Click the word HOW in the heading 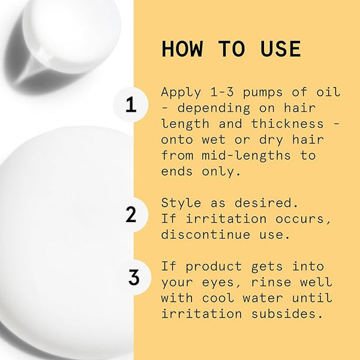(x=182, y=49)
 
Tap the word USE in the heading (x=280, y=49)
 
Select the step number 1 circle (x=131, y=104)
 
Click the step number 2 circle (x=131, y=214)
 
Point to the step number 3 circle (x=134, y=277)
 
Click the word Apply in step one (x=181, y=92)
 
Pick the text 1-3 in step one (x=222, y=92)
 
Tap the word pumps (x=263, y=93)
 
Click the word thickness (x=287, y=124)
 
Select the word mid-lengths (x=246, y=155)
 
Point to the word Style (x=181, y=203)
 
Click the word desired (x=266, y=203)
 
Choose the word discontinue (x=206, y=235)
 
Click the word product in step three (x=214, y=267)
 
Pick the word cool (x=218, y=298)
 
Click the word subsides (x=287, y=314)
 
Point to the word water (x=263, y=298)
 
